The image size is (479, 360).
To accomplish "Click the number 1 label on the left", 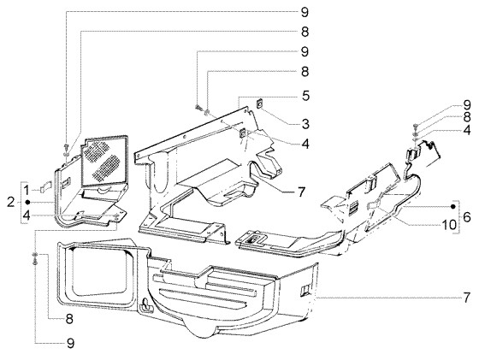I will point(27,187).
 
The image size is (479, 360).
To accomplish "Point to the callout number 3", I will point(281,125).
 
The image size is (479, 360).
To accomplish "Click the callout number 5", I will point(281,95).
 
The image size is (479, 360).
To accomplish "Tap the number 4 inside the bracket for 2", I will point(27,215).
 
